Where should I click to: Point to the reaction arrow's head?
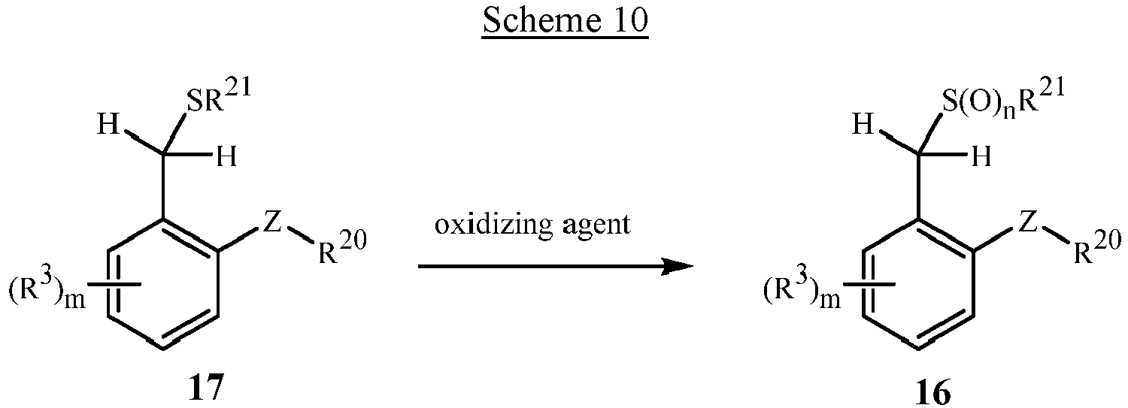695,267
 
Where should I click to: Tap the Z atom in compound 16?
1028,222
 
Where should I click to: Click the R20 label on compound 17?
342,246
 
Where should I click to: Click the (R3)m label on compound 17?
47,293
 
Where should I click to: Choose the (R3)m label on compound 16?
802,293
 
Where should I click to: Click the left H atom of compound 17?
108,124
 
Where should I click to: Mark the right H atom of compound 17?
226,156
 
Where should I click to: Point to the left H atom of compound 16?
863,124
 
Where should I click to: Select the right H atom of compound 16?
981,156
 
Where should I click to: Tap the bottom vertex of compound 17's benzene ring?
164,349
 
